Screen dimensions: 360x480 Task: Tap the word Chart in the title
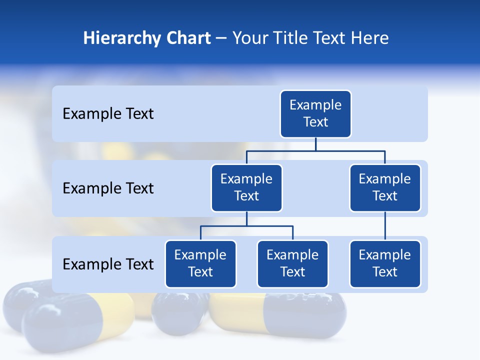pos(188,38)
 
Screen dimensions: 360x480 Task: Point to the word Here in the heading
pos(369,38)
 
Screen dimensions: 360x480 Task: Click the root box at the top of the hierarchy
pos(315,114)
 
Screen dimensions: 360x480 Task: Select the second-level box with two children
pos(246,188)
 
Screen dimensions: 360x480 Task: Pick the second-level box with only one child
pos(385,188)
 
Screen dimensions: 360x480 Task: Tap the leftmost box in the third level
pos(200,264)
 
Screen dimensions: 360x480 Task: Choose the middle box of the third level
pos(292,264)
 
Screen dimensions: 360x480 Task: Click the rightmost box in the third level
pos(385,264)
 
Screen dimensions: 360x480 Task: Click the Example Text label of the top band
pos(108,114)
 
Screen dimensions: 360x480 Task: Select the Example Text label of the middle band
pos(108,188)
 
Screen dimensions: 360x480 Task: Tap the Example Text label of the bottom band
pos(108,264)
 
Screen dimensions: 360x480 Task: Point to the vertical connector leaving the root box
pos(315,144)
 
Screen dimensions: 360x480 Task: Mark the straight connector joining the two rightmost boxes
pos(385,226)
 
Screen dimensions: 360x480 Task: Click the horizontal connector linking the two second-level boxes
pos(315,150)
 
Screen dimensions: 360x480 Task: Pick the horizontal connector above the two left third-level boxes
pos(246,226)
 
